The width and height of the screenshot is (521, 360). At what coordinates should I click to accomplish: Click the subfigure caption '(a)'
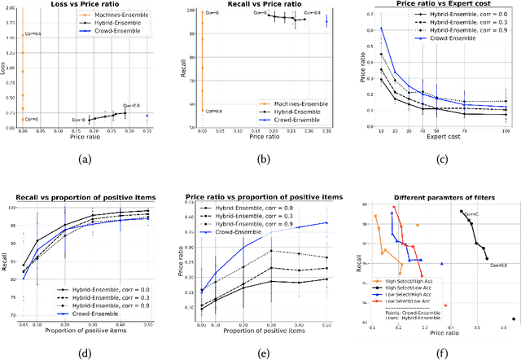pyautogui.click(x=85, y=160)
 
